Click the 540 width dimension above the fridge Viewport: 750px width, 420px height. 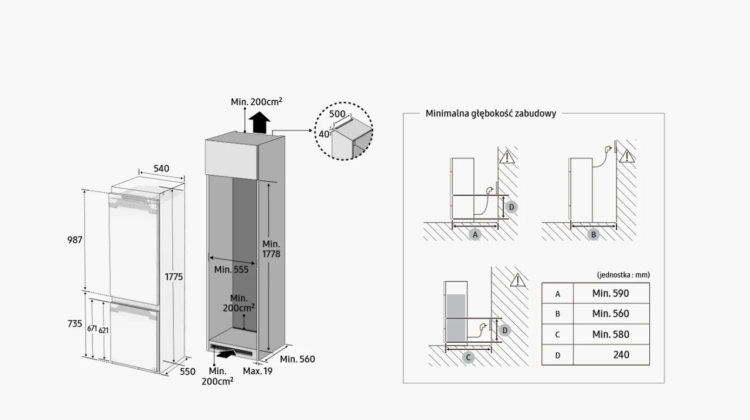pyautogui.click(x=161, y=168)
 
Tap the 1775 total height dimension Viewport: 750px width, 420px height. pyautogui.click(x=173, y=277)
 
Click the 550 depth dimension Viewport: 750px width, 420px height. pyautogui.click(x=187, y=371)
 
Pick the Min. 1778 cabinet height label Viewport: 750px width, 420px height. pyautogui.click(x=271, y=249)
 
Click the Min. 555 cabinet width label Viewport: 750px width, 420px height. pyautogui.click(x=231, y=270)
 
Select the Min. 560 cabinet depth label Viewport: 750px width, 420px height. pyautogui.click(x=297, y=359)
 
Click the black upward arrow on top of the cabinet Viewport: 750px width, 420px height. pyautogui.click(x=259, y=123)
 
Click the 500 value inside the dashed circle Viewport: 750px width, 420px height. pyautogui.click(x=337, y=113)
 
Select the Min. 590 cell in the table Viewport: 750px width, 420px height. pyautogui.click(x=611, y=293)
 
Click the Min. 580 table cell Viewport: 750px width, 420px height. pyautogui.click(x=611, y=334)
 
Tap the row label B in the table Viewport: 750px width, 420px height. pyautogui.click(x=558, y=314)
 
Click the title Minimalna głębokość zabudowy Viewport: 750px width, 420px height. pyautogui.click(x=490, y=113)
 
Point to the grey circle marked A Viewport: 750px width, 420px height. pyautogui.click(x=476, y=234)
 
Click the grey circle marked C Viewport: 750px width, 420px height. pyautogui.click(x=468, y=357)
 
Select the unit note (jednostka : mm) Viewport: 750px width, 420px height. pyautogui.click(x=623, y=275)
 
